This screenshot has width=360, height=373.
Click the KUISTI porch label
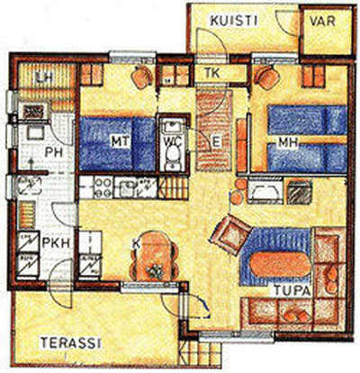[234, 22]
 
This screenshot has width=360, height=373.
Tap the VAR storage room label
[322, 22]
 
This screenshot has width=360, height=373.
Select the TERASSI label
[71, 342]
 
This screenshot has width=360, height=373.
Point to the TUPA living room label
[292, 291]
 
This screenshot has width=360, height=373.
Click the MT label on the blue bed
[121, 141]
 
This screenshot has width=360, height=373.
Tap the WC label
[173, 142]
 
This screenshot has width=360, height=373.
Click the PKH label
[57, 242]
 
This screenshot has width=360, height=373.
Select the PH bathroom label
[53, 152]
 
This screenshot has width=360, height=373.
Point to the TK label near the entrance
[212, 73]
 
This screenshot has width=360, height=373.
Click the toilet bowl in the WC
[173, 156]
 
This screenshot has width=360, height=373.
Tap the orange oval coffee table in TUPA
[280, 264]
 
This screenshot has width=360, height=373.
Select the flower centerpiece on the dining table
[155, 271]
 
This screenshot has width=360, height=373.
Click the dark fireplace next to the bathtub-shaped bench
[300, 191]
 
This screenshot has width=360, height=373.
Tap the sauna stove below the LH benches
[33, 112]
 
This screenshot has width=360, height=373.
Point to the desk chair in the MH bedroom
[266, 77]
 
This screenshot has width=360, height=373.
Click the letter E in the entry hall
[216, 142]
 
